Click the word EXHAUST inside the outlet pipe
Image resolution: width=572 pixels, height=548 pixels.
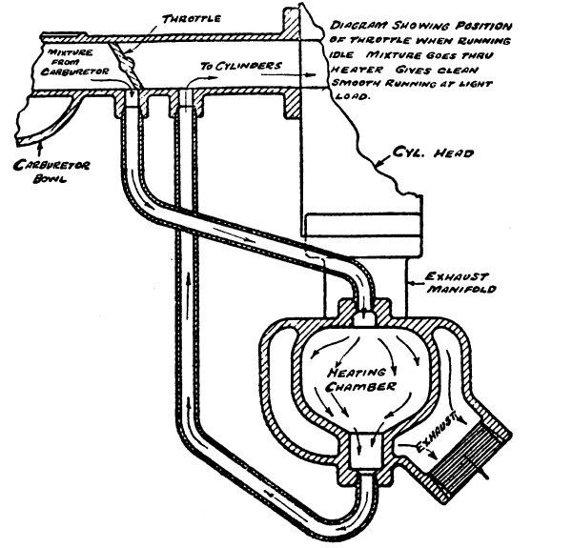click(x=441, y=428)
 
